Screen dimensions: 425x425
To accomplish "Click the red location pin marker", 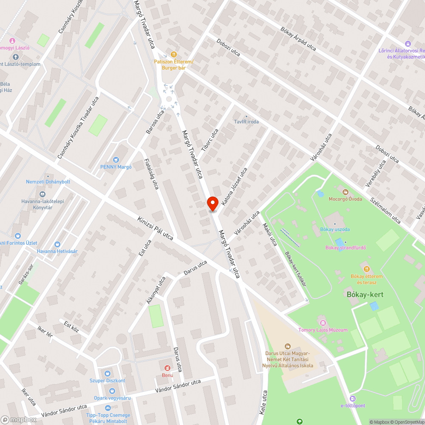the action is (x=212, y=203).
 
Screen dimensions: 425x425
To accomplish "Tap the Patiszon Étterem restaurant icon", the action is (x=173, y=54).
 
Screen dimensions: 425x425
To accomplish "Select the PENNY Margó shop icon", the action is (x=116, y=159).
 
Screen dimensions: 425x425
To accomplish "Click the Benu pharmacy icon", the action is (x=167, y=367).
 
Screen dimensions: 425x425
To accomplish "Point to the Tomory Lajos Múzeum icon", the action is (x=322, y=322).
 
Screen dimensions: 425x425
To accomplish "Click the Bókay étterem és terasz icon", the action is (x=366, y=269).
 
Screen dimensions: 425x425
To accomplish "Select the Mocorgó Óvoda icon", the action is (x=346, y=192).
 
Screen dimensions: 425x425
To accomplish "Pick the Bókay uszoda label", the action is (x=335, y=229).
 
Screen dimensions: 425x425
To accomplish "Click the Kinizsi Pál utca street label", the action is (x=155, y=228).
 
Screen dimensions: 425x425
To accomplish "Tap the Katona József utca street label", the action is (x=234, y=183).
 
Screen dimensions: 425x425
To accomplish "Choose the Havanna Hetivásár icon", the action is (x=57, y=244).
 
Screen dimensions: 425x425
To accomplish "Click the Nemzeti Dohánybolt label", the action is (x=48, y=182).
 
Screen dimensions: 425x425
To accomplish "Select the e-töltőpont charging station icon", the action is (x=352, y=398).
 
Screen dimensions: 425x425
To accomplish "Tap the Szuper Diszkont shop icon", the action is (x=107, y=373).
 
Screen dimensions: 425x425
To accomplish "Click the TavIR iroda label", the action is (x=246, y=122).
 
